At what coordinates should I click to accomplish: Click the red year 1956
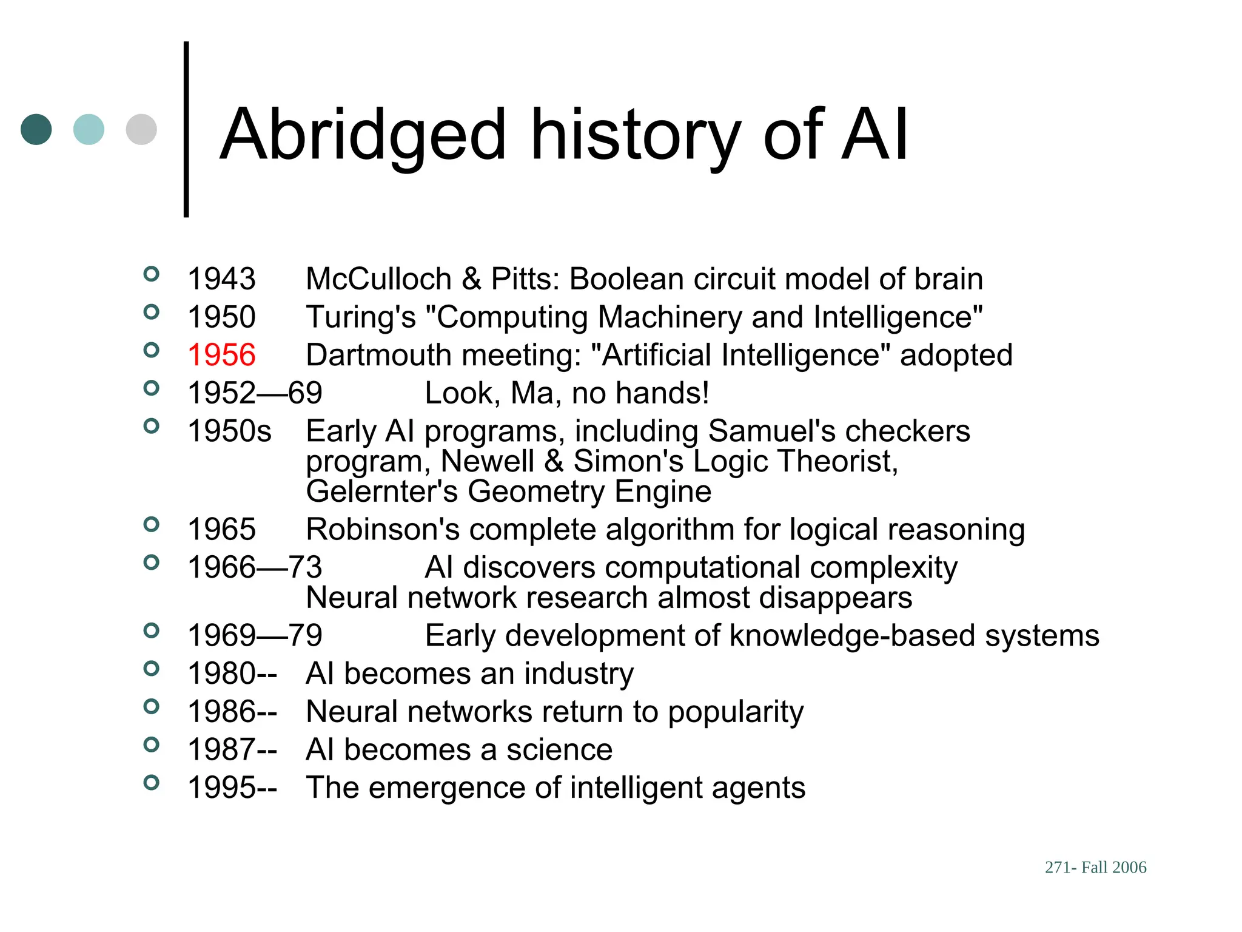221,355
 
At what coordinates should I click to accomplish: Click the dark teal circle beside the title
36,129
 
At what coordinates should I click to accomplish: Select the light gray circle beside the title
141,129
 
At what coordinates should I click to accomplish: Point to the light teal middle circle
89,129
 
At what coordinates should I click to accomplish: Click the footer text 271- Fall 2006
1095,867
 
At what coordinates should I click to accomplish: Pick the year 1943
221,279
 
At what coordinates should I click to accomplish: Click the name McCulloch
379,279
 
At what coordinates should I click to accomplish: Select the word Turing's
361,317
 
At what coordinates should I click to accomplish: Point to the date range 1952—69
255,393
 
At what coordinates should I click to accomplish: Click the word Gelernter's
381,491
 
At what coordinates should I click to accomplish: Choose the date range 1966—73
255,568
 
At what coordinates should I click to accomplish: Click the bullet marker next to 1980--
151,669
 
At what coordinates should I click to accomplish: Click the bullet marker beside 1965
151,524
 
